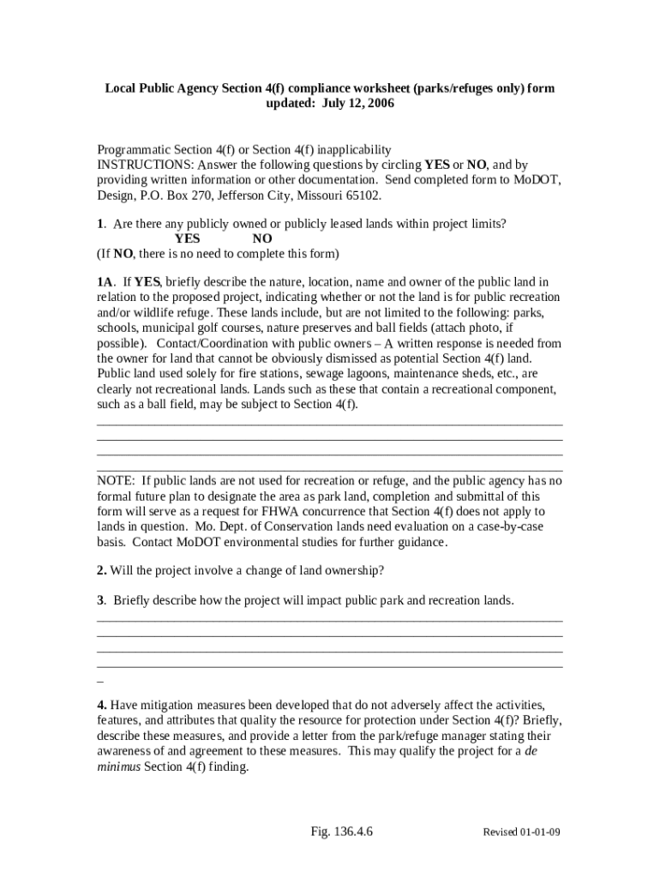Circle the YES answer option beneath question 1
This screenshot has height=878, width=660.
[187, 238]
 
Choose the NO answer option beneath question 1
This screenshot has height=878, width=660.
[262, 238]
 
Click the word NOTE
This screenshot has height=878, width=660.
[116, 480]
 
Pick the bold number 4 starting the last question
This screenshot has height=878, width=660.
[100, 705]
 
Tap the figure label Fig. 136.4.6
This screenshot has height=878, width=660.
[347, 832]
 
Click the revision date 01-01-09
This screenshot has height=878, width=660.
[541, 833]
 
